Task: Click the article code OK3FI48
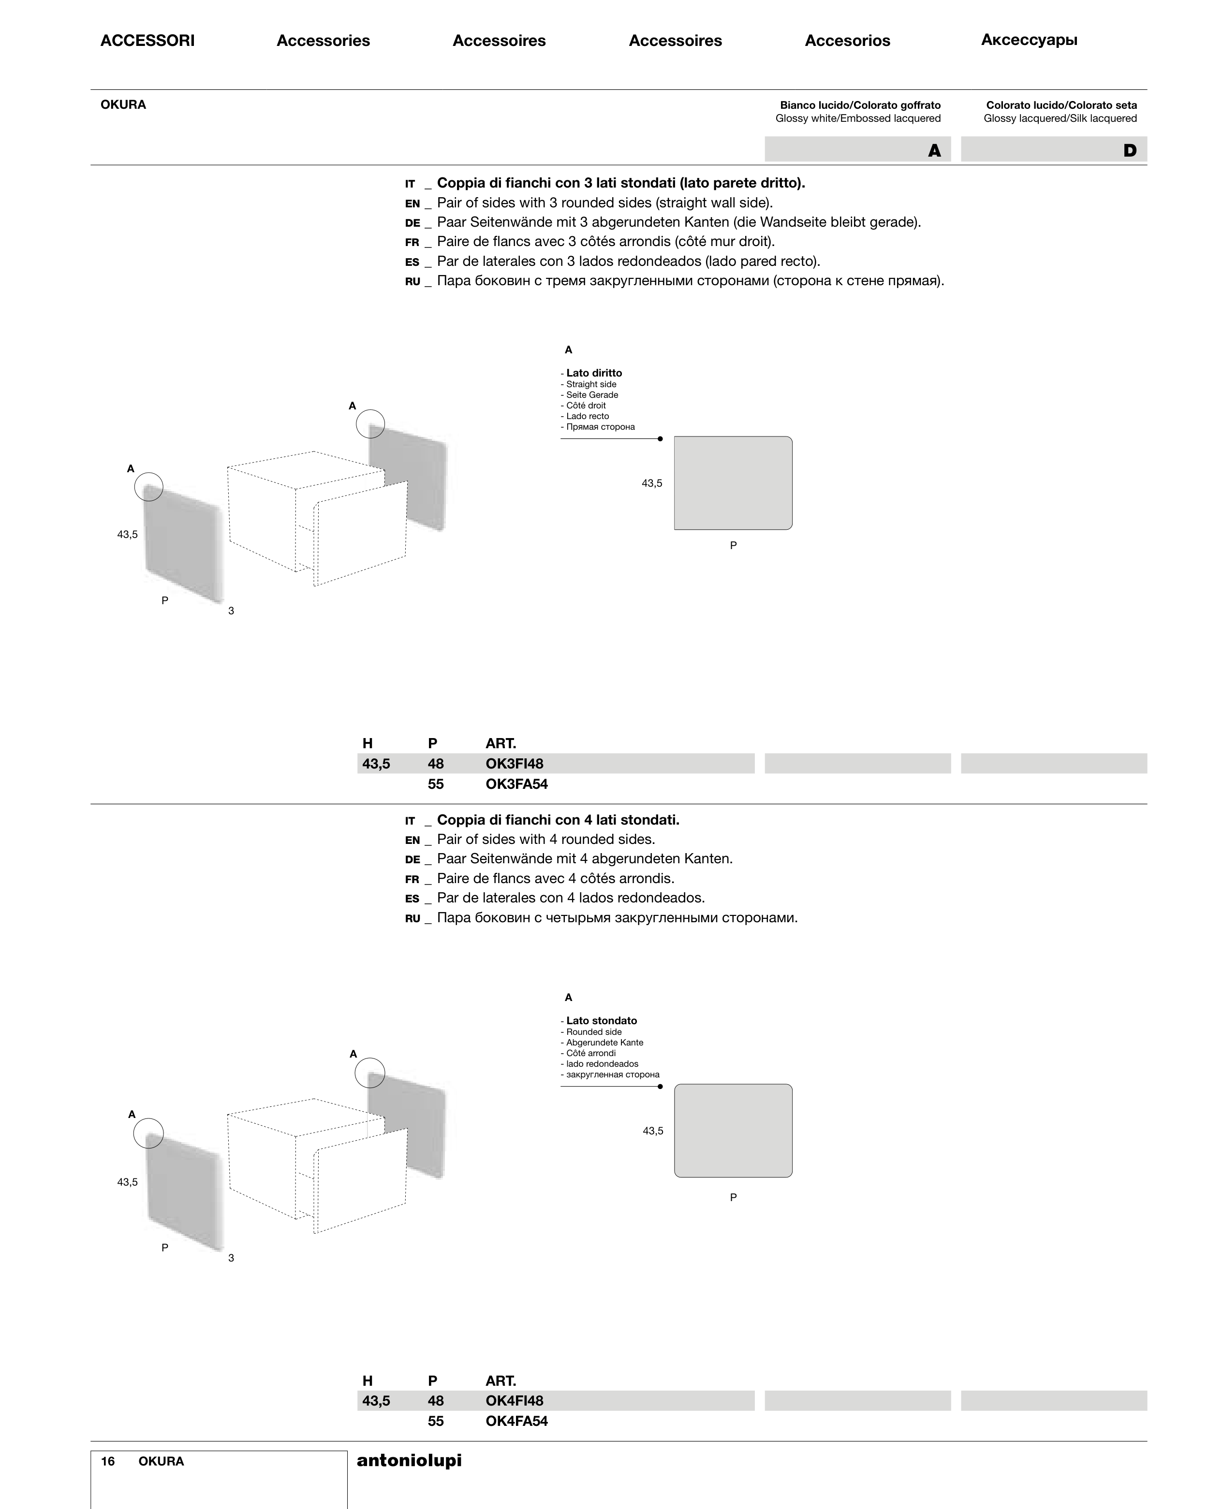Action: [x=514, y=764]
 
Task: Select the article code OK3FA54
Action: [x=516, y=784]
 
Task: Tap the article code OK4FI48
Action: [x=514, y=1401]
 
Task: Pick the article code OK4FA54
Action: [x=516, y=1421]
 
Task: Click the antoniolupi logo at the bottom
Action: [x=409, y=1460]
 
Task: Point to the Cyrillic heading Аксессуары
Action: [x=1029, y=40]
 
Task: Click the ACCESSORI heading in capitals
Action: [x=147, y=41]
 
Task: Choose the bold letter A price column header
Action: [x=934, y=150]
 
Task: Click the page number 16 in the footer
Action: [x=108, y=1462]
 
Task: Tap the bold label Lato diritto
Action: [x=594, y=373]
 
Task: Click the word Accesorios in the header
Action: [x=847, y=41]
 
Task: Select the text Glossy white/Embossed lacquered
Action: [x=858, y=118]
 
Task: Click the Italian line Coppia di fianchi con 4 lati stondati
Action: [x=558, y=820]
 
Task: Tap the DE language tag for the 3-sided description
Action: [x=412, y=222]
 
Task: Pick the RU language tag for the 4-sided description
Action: [x=412, y=918]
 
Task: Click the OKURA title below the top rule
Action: [x=123, y=105]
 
